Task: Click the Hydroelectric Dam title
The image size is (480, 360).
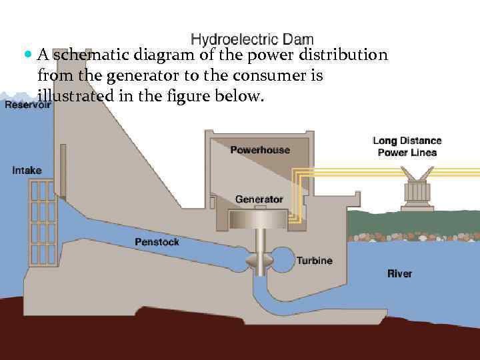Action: click(x=252, y=40)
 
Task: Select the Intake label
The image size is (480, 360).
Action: click(x=27, y=171)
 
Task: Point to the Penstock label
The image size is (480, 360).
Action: click(x=157, y=242)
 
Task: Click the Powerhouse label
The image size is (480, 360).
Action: click(x=260, y=150)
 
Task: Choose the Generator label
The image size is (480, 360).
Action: click(x=259, y=199)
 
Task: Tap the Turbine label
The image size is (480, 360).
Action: click(x=314, y=261)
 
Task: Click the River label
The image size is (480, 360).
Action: click(x=400, y=273)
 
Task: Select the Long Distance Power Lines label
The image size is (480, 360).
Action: click(x=407, y=147)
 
